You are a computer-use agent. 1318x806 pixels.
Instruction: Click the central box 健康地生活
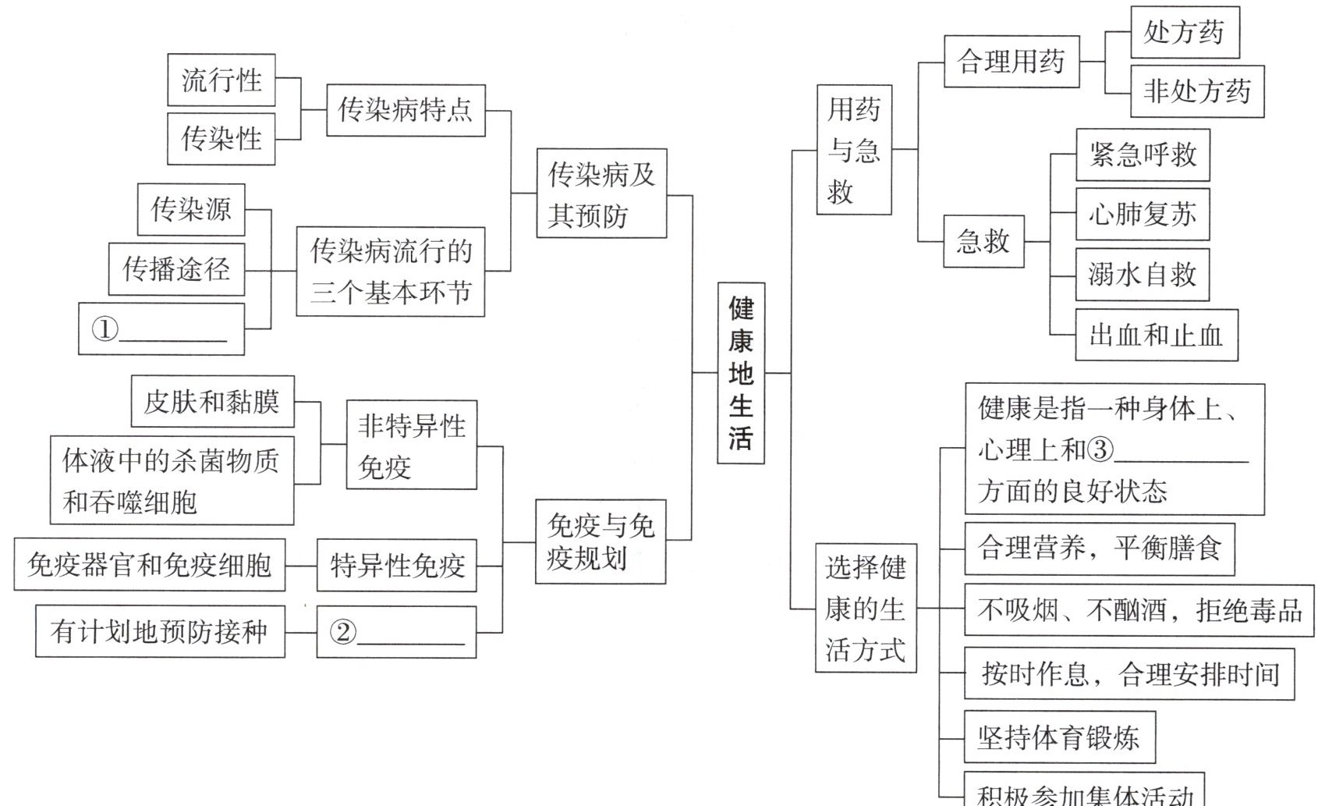[740, 373]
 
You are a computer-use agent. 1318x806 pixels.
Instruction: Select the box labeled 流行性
[221, 80]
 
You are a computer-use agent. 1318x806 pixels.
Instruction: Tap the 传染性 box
[221, 139]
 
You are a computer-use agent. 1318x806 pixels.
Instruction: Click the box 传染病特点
[406, 110]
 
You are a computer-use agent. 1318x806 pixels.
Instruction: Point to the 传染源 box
[191, 209]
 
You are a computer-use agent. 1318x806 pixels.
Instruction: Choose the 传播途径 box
[176, 269]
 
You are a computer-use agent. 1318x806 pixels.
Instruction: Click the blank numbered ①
[161, 329]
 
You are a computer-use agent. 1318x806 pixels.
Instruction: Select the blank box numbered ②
[396, 632]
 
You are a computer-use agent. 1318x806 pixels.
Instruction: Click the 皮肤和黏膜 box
[212, 402]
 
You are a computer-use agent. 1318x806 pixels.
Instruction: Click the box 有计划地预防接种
[160, 631]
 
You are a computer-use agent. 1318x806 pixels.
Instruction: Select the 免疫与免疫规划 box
[601, 542]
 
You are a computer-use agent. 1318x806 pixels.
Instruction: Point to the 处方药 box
[1185, 32]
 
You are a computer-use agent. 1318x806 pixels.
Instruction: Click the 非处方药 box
[1197, 92]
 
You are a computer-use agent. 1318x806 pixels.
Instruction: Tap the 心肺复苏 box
[1143, 214]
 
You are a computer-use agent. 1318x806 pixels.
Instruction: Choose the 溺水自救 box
[1143, 275]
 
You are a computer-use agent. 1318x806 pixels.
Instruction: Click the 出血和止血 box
[1157, 336]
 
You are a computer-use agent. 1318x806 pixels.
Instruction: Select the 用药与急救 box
[854, 150]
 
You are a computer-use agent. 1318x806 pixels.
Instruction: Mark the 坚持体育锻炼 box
[1059, 737]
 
